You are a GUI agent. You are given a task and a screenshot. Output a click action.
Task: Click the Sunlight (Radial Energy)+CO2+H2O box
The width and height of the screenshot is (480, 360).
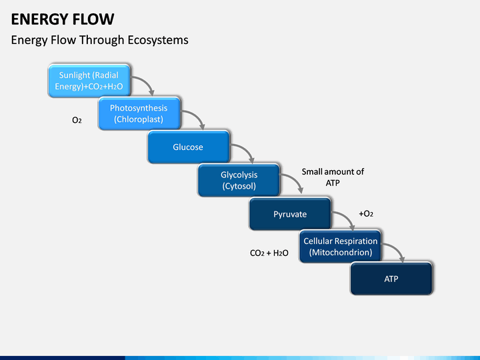[x=89, y=81]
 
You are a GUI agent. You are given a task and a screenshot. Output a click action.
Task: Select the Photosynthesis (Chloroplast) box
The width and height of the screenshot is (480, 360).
[x=139, y=113]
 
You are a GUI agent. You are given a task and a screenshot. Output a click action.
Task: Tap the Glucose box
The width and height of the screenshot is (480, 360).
[x=189, y=147]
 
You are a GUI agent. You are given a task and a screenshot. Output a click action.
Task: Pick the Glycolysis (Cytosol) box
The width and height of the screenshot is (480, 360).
[x=239, y=180]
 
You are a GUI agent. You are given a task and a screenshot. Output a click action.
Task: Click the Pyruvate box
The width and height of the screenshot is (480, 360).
[x=290, y=214]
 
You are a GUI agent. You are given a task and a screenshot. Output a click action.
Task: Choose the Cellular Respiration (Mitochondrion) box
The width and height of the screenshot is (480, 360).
[x=341, y=247]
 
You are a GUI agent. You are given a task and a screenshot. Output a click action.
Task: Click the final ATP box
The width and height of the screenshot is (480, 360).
[x=391, y=279]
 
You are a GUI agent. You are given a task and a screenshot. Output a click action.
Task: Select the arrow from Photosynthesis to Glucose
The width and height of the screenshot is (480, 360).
[x=197, y=115]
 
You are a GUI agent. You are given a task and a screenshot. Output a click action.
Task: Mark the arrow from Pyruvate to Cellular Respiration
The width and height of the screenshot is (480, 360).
[x=347, y=216]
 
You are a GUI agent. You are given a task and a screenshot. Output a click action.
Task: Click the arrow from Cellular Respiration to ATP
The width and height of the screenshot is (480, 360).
[x=397, y=248]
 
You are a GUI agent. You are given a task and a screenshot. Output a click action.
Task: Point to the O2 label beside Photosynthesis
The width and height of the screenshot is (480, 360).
[x=77, y=120]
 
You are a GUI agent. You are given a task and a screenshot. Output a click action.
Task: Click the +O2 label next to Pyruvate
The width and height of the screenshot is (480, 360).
[x=366, y=213]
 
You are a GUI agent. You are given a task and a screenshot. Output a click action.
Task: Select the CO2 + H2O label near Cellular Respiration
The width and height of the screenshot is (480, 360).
[x=269, y=253]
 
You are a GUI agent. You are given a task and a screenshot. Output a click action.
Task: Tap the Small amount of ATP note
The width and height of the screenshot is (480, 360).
[x=333, y=177]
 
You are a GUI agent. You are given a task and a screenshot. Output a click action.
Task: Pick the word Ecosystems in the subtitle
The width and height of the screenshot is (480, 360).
[x=158, y=40]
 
